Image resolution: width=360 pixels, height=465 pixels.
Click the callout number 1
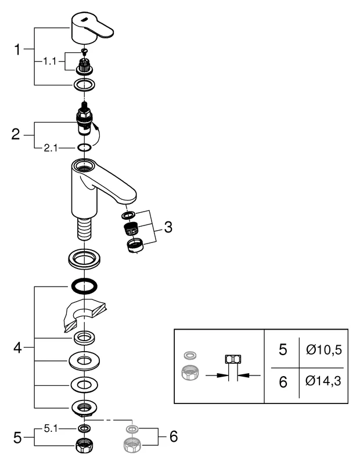click(x=17, y=50)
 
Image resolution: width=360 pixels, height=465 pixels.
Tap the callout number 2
click(x=16, y=134)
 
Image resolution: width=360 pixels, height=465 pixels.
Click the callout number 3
click(x=168, y=227)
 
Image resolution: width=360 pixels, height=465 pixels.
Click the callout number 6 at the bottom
click(x=172, y=437)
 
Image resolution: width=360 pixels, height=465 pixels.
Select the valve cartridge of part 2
click(x=85, y=120)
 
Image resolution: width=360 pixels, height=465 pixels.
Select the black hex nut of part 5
click(x=85, y=447)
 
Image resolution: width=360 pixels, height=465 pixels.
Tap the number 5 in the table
click(x=283, y=350)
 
